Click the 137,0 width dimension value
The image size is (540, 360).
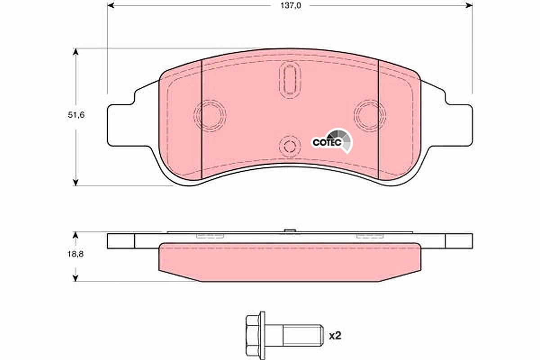[291, 5]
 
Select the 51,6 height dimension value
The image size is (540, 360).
[76, 115]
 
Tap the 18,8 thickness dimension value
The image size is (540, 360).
[76, 254]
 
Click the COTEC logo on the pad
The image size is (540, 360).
[332, 141]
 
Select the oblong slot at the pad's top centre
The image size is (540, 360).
[290, 80]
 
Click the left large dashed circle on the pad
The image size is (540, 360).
[210, 116]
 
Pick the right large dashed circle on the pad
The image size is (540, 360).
[369, 116]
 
